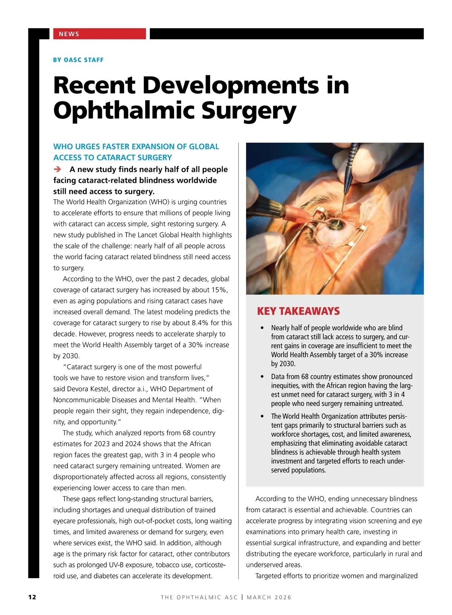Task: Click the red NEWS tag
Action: [69, 34]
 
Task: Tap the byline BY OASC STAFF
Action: [78, 60]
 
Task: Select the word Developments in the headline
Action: [231, 85]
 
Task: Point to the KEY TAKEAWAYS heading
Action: [298, 311]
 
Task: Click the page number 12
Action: [32, 597]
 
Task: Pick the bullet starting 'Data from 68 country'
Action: [342, 390]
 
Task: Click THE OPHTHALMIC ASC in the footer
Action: [199, 597]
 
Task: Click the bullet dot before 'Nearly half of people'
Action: [262, 328]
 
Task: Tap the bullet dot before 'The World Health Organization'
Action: [262, 417]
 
